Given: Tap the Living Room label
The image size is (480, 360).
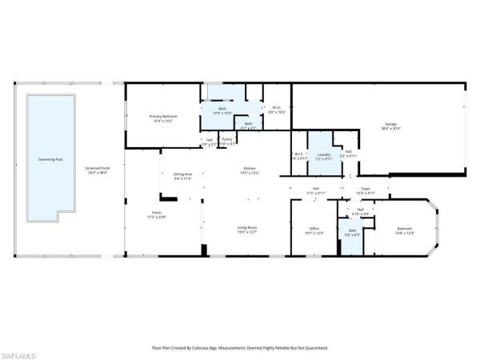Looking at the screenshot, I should click(246, 230).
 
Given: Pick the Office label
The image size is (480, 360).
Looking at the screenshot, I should click(314, 230).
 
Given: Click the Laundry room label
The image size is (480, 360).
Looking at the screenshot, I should click(324, 156).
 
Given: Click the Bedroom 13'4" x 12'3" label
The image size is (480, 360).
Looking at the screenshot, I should click(405, 230).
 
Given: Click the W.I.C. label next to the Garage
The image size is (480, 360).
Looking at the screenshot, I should click(275, 110).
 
